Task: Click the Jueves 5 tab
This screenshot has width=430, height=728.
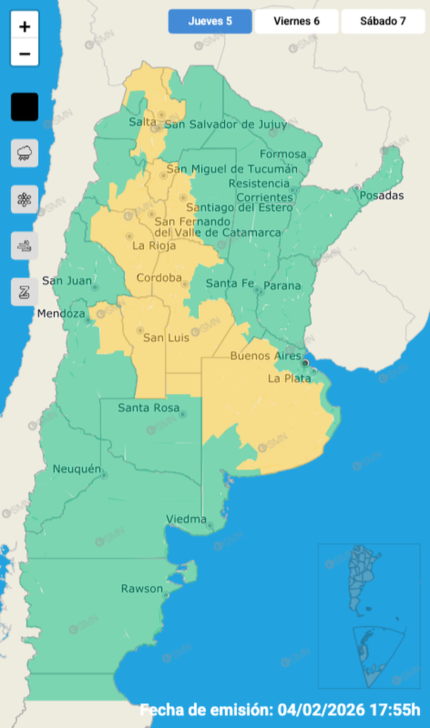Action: coord(210,21)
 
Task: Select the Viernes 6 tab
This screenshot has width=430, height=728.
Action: coord(297,21)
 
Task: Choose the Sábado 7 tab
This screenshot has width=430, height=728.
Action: coord(383,21)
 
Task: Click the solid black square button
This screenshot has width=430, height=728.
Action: coord(25,107)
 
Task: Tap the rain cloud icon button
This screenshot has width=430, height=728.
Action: coord(25,153)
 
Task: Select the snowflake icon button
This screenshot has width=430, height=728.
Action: coord(25,199)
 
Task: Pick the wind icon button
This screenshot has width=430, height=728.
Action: coord(25,246)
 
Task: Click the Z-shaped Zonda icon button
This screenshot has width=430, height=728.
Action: coord(25,291)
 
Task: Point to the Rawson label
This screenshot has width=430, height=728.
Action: coord(142,589)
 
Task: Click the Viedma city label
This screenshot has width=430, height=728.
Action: coord(186,520)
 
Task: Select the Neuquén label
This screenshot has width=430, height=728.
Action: coord(77,468)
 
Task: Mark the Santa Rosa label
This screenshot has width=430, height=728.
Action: coord(148,408)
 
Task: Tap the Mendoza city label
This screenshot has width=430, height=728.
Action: coord(61,313)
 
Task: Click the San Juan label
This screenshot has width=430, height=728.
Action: coord(67,280)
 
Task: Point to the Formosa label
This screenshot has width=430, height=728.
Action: coord(283,154)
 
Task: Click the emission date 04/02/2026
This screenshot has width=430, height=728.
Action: coord(327,708)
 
